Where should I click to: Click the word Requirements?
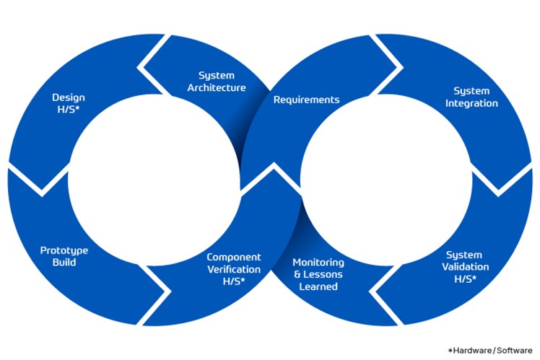(306, 100)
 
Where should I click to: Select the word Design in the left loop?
(69, 97)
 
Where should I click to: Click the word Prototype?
(64, 250)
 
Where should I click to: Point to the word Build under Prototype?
(64, 263)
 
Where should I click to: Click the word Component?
(234, 257)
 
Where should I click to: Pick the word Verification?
(234, 269)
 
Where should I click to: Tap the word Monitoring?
(318, 262)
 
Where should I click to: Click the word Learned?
(318, 286)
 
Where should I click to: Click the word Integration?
(471, 103)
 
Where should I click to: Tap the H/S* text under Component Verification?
(234, 281)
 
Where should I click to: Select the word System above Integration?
(471, 91)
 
